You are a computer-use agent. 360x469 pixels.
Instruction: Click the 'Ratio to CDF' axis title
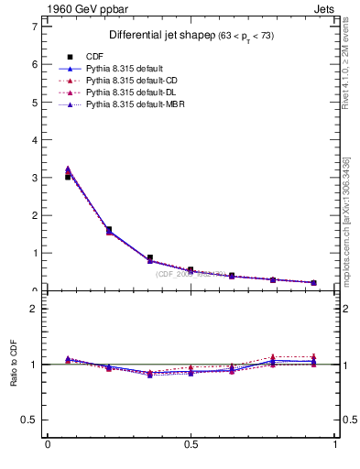(x=14, y=365)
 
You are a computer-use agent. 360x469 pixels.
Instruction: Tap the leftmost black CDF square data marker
(x=69, y=177)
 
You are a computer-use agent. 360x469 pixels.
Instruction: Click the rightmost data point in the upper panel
(x=314, y=282)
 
